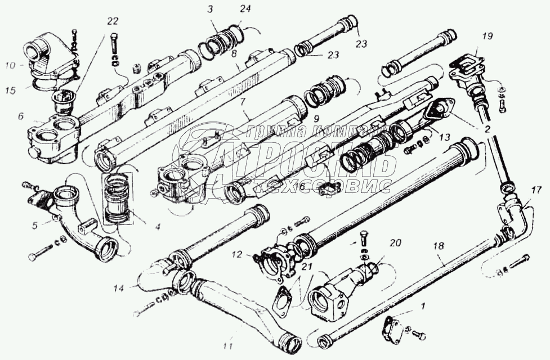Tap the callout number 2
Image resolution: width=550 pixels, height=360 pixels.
coord(488,129)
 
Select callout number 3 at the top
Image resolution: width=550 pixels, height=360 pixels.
coord(209,10)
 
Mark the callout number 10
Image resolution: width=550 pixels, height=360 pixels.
coord(10,65)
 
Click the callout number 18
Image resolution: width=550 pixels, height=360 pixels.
coord(438,245)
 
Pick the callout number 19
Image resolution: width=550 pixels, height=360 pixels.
coord(488,36)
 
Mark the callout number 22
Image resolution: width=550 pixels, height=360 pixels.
coord(113,21)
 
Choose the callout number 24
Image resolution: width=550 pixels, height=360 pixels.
coord(243,10)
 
